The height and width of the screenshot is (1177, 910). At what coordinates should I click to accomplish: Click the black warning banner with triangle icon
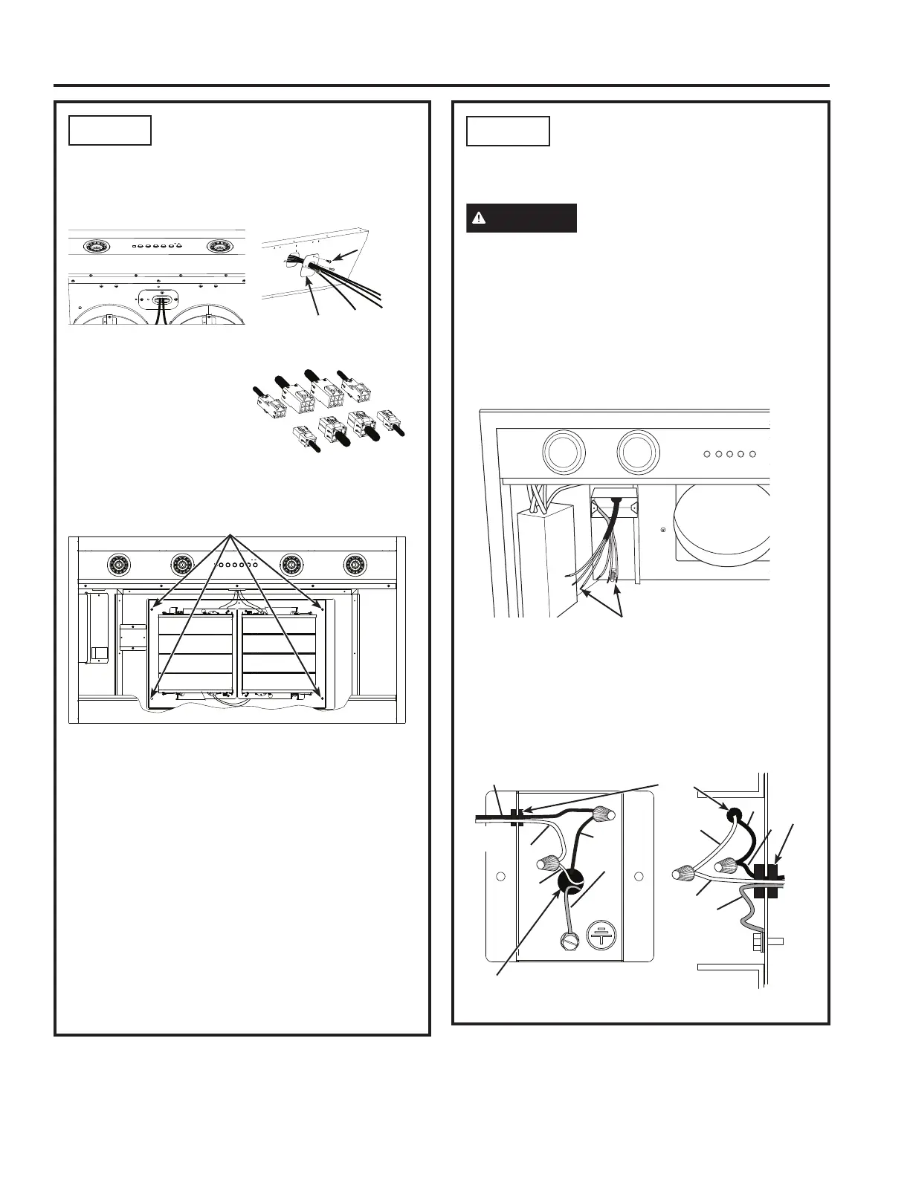pyautogui.click(x=521, y=218)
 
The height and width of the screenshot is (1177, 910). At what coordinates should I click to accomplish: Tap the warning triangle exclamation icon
pyautogui.click(x=480, y=218)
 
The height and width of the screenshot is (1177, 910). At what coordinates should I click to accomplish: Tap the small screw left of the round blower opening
pyautogui.click(x=664, y=530)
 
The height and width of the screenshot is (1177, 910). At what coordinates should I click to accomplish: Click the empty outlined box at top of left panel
pyautogui.click(x=110, y=130)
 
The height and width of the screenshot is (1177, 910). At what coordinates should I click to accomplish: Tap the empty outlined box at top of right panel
pyautogui.click(x=508, y=131)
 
